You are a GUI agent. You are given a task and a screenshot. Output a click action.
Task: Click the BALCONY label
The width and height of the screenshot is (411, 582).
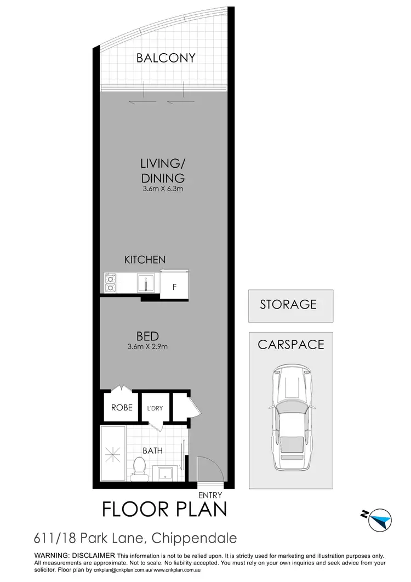[165, 58]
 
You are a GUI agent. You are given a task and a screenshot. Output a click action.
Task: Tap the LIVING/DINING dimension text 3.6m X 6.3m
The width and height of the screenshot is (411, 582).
[162, 189]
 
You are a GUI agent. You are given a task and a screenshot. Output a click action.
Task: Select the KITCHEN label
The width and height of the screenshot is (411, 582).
[145, 260]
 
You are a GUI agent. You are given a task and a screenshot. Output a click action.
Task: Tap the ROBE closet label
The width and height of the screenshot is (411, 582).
[122, 408]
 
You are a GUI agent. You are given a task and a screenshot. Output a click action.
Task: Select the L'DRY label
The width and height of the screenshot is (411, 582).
[155, 408]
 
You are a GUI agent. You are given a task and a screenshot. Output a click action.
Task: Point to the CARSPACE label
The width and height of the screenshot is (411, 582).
[290, 345]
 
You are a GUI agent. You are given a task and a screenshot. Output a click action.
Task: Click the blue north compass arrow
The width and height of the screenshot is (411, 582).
[380, 518]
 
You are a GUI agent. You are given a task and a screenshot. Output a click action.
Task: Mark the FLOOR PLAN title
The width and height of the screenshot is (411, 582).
[164, 509]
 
